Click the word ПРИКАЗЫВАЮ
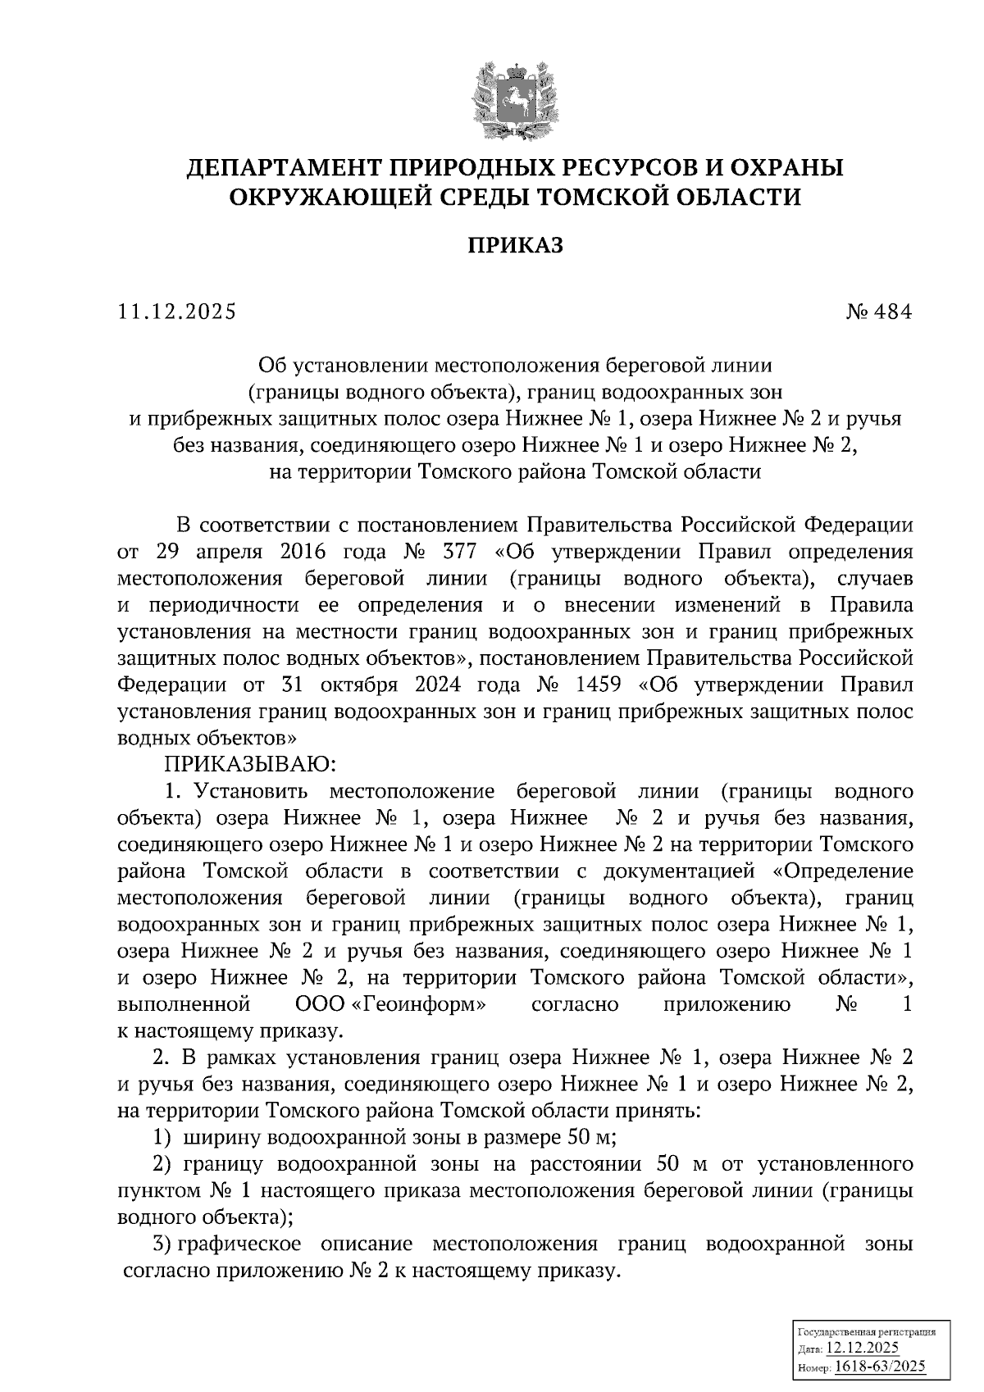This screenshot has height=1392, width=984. pos(247,765)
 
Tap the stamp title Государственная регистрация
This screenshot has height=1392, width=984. pos(865,1333)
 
